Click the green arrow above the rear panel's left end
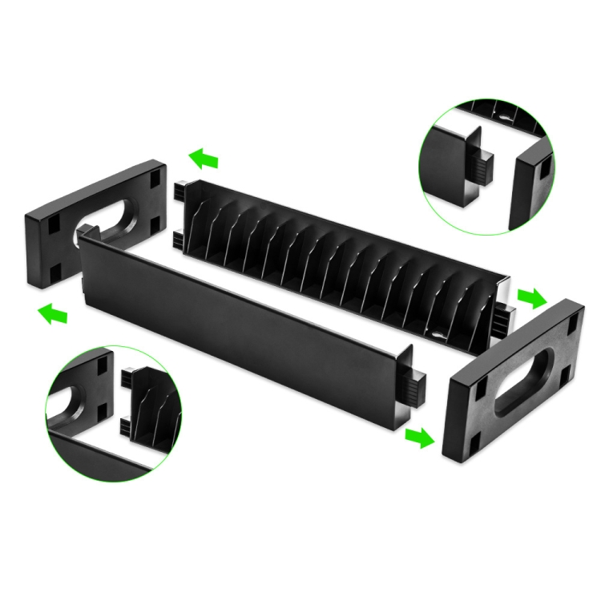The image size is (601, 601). pos(204,158)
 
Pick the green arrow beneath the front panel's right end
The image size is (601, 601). pos(418,438)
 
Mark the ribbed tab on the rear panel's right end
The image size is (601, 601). pos(502,320)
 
